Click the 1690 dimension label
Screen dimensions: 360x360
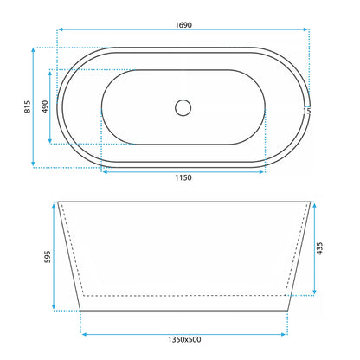point(183,25)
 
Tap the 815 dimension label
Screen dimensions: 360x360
point(27,106)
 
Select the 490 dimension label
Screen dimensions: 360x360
point(45,106)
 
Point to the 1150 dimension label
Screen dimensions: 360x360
point(183,177)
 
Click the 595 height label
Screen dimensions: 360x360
point(48,256)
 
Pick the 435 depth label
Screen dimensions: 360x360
point(319,248)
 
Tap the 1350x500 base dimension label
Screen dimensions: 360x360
point(184,339)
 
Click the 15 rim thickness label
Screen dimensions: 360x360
point(307,111)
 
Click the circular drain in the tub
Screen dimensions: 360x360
point(183,107)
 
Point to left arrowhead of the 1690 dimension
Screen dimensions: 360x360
point(61,29)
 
